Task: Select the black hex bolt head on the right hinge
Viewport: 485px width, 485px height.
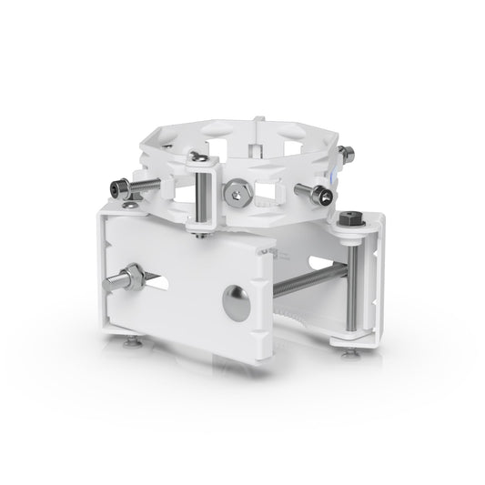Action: (x=348, y=221)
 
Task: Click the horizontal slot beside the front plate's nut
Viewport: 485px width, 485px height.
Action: (x=177, y=285)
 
